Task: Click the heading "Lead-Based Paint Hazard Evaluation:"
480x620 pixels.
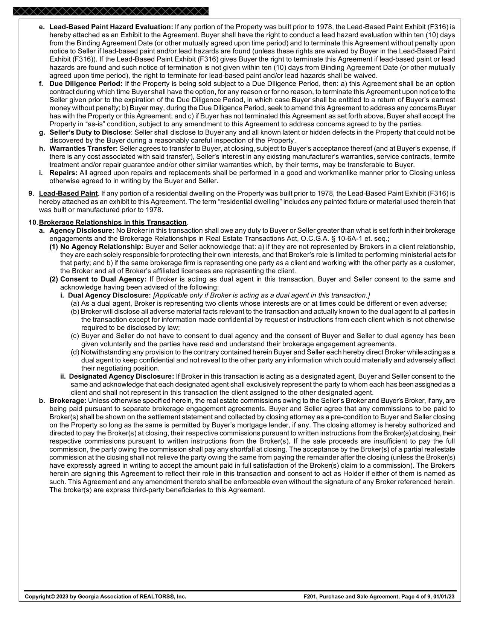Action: coord(111,27)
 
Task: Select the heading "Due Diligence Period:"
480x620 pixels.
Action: coord(86,83)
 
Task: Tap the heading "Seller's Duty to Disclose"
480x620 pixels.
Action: coord(90,132)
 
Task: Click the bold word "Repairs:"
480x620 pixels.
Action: coord(63,173)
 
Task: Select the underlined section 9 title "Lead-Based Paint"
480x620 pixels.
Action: coord(69,194)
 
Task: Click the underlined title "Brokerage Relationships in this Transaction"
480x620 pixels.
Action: coord(113,223)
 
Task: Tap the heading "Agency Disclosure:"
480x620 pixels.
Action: coord(82,230)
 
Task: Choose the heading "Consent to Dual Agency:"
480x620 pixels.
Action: coord(103,279)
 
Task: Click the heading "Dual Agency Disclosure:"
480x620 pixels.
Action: coord(109,296)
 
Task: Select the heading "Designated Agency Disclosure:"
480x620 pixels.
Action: coord(121,376)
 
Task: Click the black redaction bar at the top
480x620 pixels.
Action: coord(110,11)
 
